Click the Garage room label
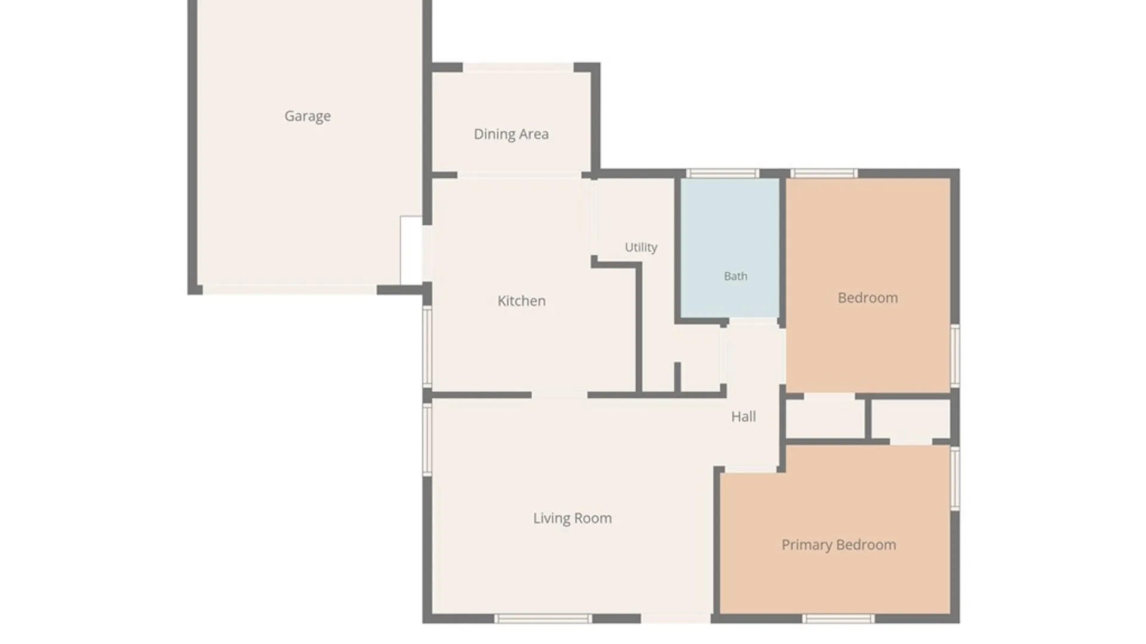point(307,116)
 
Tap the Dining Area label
point(511,134)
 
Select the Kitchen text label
point(521,301)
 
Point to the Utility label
point(641,247)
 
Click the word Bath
point(735,276)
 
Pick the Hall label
point(743,416)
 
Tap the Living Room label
point(572,518)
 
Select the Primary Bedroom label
point(839,545)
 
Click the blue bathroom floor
point(730,248)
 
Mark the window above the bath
point(722,174)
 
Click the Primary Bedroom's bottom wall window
point(838,619)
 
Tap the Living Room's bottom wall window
point(543,619)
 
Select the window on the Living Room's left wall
point(427,439)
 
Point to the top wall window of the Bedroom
point(824,174)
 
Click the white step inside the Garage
point(411,250)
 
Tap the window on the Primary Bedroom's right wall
point(955,478)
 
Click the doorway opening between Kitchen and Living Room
point(559,395)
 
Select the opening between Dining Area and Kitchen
point(519,175)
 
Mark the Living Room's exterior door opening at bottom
point(676,619)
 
